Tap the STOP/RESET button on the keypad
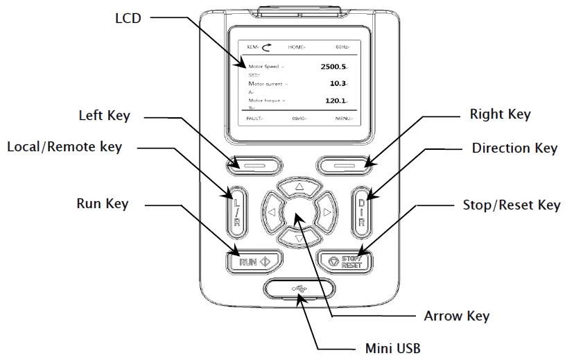tap(345, 261)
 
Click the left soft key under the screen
tap(253, 164)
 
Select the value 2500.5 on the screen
tap(334, 67)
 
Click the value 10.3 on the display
tap(338, 83)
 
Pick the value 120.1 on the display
tap(336, 101)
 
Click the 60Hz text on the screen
tap(342, 46)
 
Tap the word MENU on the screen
tap(343, 119)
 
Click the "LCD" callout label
tap(128, 17)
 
